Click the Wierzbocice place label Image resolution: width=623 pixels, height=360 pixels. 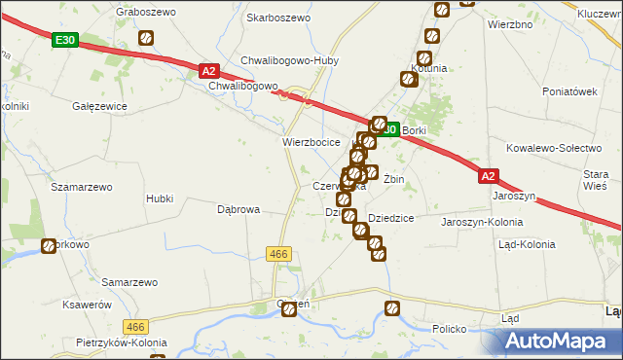(x=311, y=141)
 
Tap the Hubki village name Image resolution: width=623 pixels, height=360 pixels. (x=159, y=198)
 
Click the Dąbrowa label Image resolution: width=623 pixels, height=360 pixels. (x=238, y=209)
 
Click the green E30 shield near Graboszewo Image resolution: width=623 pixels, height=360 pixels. (x=65, y=40)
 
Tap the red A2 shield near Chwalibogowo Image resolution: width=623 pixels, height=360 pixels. (x=209, y=71)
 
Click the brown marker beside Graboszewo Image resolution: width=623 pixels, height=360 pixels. (x=146, y=39)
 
